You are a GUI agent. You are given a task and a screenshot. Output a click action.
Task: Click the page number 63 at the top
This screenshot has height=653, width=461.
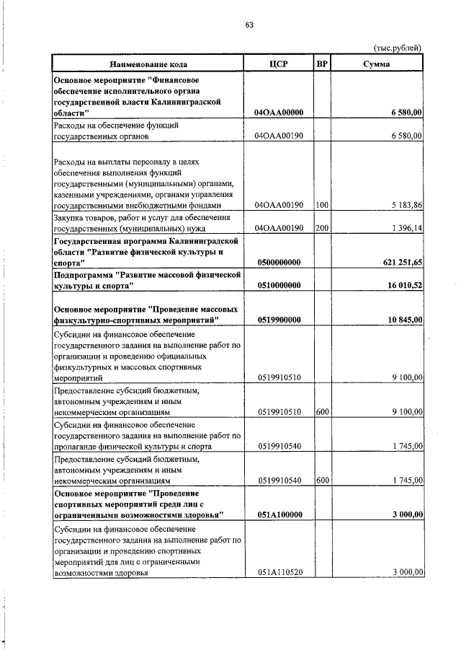tap(249, 25)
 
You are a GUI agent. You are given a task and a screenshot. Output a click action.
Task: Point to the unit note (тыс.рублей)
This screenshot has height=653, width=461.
tap(397, 48)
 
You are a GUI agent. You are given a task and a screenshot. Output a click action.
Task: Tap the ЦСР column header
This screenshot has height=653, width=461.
tap(277, 64)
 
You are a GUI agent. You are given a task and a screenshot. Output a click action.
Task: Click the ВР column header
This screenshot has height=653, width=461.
tap(323, 64)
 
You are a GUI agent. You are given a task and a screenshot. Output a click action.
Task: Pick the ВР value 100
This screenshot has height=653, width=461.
tap(322, 205)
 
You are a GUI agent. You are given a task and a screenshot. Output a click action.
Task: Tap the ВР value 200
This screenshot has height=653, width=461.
tap(322, 228)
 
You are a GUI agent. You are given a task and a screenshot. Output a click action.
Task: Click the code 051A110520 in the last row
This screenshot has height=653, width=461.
tap(277, 572)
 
